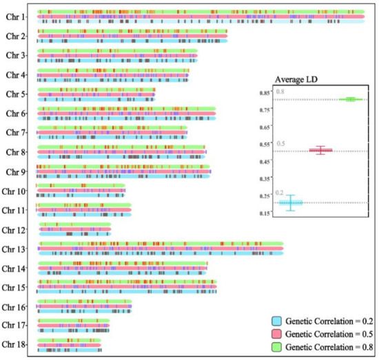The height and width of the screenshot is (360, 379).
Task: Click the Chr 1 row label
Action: pos(14,17)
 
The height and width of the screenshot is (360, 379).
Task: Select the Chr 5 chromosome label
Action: pos(14,94)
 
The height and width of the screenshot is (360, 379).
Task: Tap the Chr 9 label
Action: pos(14,172)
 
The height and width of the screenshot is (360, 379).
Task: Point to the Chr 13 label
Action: pos(12,249)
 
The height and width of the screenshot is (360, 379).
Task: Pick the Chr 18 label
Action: pos(12,343)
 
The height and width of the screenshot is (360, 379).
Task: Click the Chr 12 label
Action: pos(12,230)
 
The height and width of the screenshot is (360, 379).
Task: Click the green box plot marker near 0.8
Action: pos(351,100)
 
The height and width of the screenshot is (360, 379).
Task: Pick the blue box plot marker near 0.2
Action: pos(291,202)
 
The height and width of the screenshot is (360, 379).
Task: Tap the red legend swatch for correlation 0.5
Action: pos(276,332)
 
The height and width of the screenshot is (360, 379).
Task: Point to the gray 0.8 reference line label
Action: pos(280,92)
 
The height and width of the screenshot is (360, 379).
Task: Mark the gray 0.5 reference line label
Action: pos(280,144)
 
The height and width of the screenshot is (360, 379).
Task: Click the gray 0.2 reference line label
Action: pos(279,193)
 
